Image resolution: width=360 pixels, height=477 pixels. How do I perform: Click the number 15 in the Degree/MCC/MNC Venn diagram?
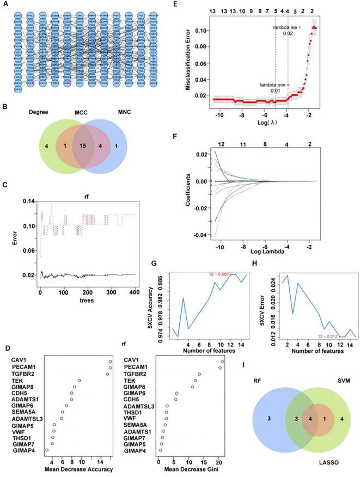[82, 145]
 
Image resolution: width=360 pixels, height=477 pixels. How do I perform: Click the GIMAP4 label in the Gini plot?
[135, 450]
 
